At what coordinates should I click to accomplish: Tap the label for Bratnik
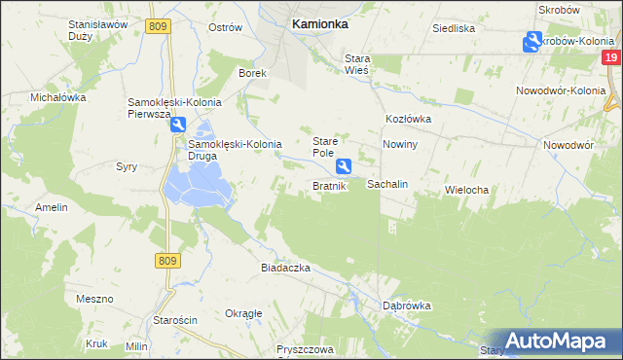(x=329, y=186)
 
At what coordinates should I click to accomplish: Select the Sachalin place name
(x=386, y=184)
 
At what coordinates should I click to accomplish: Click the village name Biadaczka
(x=285, y=267)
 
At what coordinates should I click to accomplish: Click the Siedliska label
(x=454, y=28)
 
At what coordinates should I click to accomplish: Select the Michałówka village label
(x=58, y=98)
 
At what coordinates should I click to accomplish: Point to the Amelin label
(x=52, y=208)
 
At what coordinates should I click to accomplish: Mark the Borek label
(x=253, y=73)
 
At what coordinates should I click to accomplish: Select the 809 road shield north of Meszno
(x=166, y=260)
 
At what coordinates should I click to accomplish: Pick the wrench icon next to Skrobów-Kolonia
(x=531, y=41)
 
